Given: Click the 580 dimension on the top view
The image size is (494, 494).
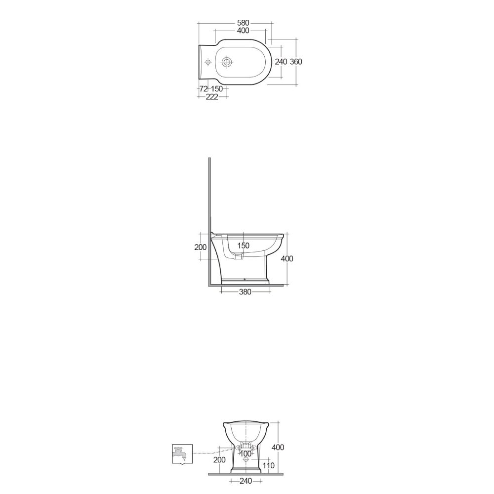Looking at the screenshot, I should click(243, 23).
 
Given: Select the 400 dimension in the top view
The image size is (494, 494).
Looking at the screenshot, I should click(243, 31).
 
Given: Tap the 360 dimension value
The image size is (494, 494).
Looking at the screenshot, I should click(296, 62).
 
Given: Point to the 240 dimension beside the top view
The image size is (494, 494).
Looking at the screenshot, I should click(281, 62).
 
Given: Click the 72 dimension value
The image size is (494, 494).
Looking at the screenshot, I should click(203, 88).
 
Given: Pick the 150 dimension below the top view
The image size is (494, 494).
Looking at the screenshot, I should click(217, 88).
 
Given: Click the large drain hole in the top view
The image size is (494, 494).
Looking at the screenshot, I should click(227, 62).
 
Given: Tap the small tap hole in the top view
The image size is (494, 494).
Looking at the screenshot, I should click(208, 62).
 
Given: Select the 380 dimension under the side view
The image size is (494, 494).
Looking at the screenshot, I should click(245, 292).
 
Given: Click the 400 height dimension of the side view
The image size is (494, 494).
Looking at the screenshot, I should click(287, 258).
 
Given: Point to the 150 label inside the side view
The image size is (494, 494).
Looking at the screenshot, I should click(243, 246).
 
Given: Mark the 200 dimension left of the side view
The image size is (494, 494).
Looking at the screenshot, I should click(201, 247).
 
